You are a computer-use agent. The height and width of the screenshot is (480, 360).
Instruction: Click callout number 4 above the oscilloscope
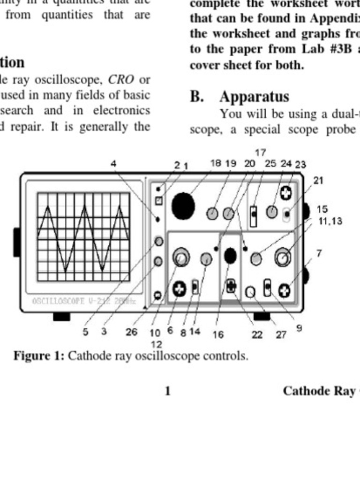[113, 164]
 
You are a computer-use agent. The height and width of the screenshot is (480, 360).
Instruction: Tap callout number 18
[216, 163]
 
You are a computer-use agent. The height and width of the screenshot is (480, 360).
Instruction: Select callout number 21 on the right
[318, 180]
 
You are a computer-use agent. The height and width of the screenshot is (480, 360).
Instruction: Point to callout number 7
[319, 253]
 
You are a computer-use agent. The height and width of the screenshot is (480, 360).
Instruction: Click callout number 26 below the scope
[131, 332]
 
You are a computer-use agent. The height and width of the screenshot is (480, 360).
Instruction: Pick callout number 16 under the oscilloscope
[218, 334]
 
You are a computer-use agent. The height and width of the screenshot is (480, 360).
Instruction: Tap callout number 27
[281, 334]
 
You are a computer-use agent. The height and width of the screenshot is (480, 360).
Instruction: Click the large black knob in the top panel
[183, 206]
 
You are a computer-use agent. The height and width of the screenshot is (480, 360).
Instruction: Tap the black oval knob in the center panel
[230, 255]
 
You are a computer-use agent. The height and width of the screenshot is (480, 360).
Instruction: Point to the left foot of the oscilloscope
[61, 317]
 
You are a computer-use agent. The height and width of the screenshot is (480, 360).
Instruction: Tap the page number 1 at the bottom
[167, 391]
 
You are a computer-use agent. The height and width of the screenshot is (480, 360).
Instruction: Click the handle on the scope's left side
[17, 242]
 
